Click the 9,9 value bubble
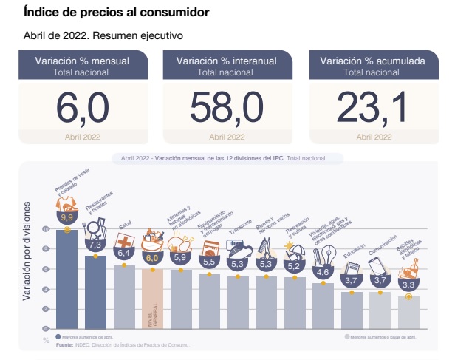click(x=67, y=217)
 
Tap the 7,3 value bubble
click(x=95, y=244)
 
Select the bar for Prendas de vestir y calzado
click(x=67, y=281)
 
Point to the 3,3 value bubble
click(x=408, y=283)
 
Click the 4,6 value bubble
click(x=322, y=272)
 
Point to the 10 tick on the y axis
click(x=46, y=230)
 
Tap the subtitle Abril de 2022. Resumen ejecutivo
click(x=103, y=35)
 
